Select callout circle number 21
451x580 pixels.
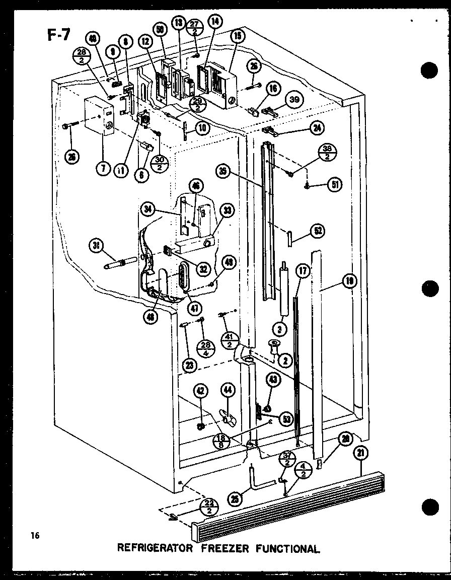pos(360,452)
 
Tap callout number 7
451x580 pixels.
pos(102,169)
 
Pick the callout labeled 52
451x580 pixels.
pos(318,231)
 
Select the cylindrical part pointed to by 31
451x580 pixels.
pos(120,262)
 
